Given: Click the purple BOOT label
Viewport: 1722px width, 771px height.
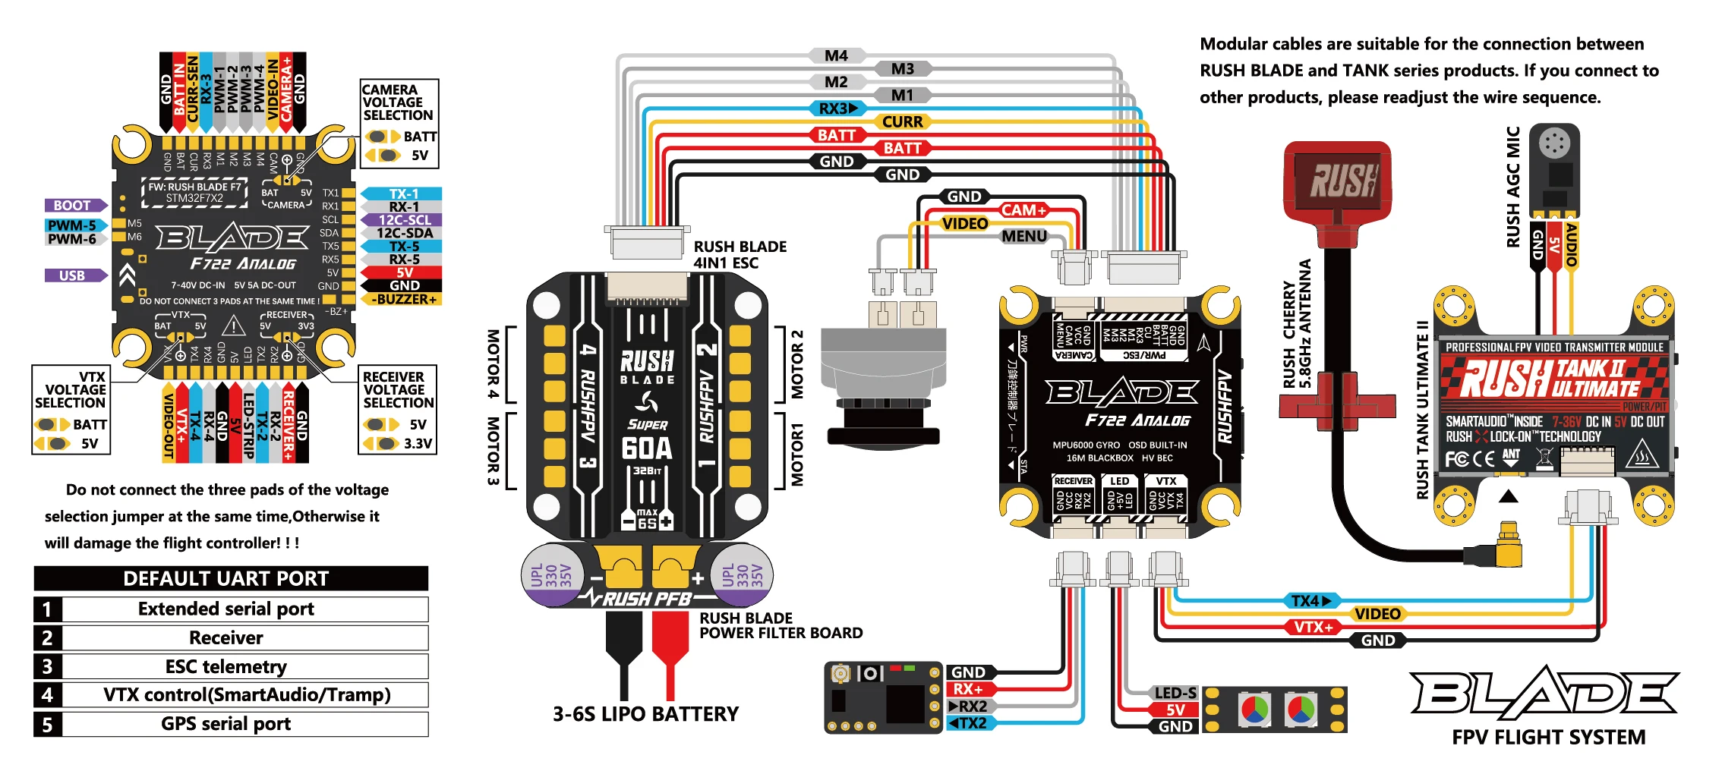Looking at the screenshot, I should pyautogui.click(x=74, y=206).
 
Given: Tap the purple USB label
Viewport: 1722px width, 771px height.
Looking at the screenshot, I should pyautogui.click(x=74, y=275).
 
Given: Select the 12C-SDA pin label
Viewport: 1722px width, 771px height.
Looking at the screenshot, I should pyautogui.click(x=404, y=233).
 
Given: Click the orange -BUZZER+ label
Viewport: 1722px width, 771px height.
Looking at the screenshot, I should pyautogui.click(x=404, y=299).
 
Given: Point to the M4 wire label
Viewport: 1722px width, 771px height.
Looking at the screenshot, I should pyautogui.click(x=836, y=55).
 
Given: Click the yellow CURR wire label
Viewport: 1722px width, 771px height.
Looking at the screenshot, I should pyautogui.click(x=902, y=121).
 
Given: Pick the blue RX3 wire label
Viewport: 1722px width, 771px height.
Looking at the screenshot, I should pyautogui.click(x=836, y=109).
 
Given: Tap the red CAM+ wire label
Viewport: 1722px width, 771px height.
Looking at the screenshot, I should pyautogui.click(x=1023, y=210).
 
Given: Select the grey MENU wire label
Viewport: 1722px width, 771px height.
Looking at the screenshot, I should pyautogui.click(x=1023, y=236).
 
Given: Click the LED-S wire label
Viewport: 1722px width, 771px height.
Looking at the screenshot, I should pyautogui.click(x=1175, y=693).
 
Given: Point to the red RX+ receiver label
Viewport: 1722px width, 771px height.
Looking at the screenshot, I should pyautogui.click(x=968, y=689).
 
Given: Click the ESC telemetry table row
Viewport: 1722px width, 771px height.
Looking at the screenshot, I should pyautogui.click(x=226, y=666).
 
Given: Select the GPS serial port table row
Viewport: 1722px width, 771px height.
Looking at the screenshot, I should pyautogui.click(x=226, y=724).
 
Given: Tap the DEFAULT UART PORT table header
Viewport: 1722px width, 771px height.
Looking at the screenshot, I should pyautogui.click(x=226, y=578).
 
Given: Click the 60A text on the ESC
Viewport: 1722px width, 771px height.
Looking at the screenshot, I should pyautogui.click(x=647, y=448).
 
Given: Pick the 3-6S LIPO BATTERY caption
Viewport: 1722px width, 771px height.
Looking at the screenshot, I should pyautogui.click(x=645, y=714).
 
